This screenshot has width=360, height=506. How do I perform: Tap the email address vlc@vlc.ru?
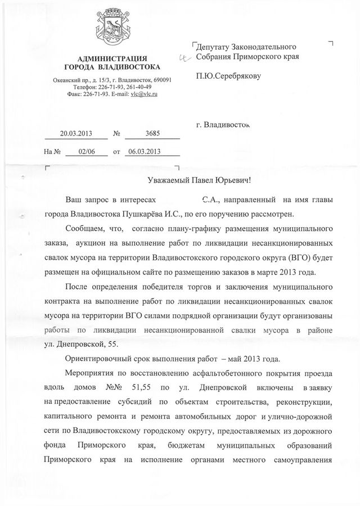(x=144, y=94)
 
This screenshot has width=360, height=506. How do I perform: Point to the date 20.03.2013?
(x=76, y=134)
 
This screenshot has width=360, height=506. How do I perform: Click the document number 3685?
(x=152, y=134)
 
